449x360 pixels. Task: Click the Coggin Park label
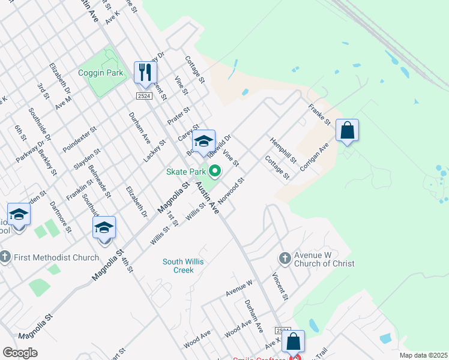[x=100, y=73]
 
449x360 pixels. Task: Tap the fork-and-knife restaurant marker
[x=145, y=73]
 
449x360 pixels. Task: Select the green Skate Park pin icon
[x=214, y=172]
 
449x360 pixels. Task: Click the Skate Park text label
[x=186, y=172]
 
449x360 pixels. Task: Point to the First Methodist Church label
[x=55, y=258]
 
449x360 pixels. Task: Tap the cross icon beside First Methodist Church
[x=4, y=257]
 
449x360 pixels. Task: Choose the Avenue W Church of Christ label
[x=324, y=259]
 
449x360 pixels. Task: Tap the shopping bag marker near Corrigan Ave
[x=348, y=130]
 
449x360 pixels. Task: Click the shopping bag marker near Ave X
[x=293, y=341]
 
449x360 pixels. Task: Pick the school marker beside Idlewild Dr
[x=203, y=142]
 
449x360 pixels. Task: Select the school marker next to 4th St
[x=103, y=228]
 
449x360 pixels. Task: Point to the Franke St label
[x=320, y=115]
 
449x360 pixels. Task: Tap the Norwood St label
[x=232, y=190]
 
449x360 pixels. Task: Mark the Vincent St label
[x=280, y=287]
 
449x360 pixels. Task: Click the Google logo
[x=20, y=353]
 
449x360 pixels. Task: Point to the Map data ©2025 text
[x=423, y=355]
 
